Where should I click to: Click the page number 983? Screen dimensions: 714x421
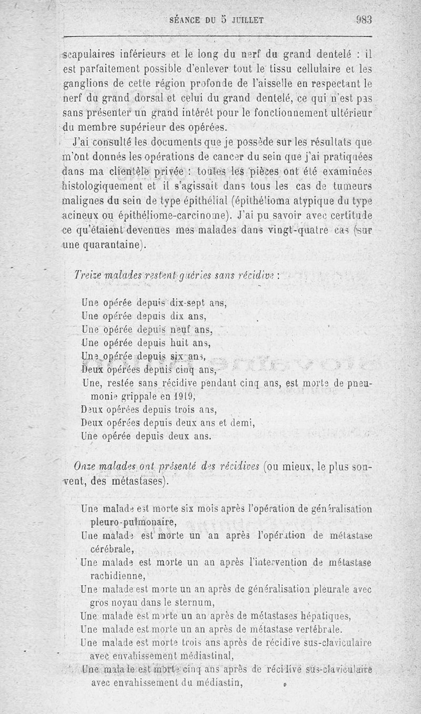363,20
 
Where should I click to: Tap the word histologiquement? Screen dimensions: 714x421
101,187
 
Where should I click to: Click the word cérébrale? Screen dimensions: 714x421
112,549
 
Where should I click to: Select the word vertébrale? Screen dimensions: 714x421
314,629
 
